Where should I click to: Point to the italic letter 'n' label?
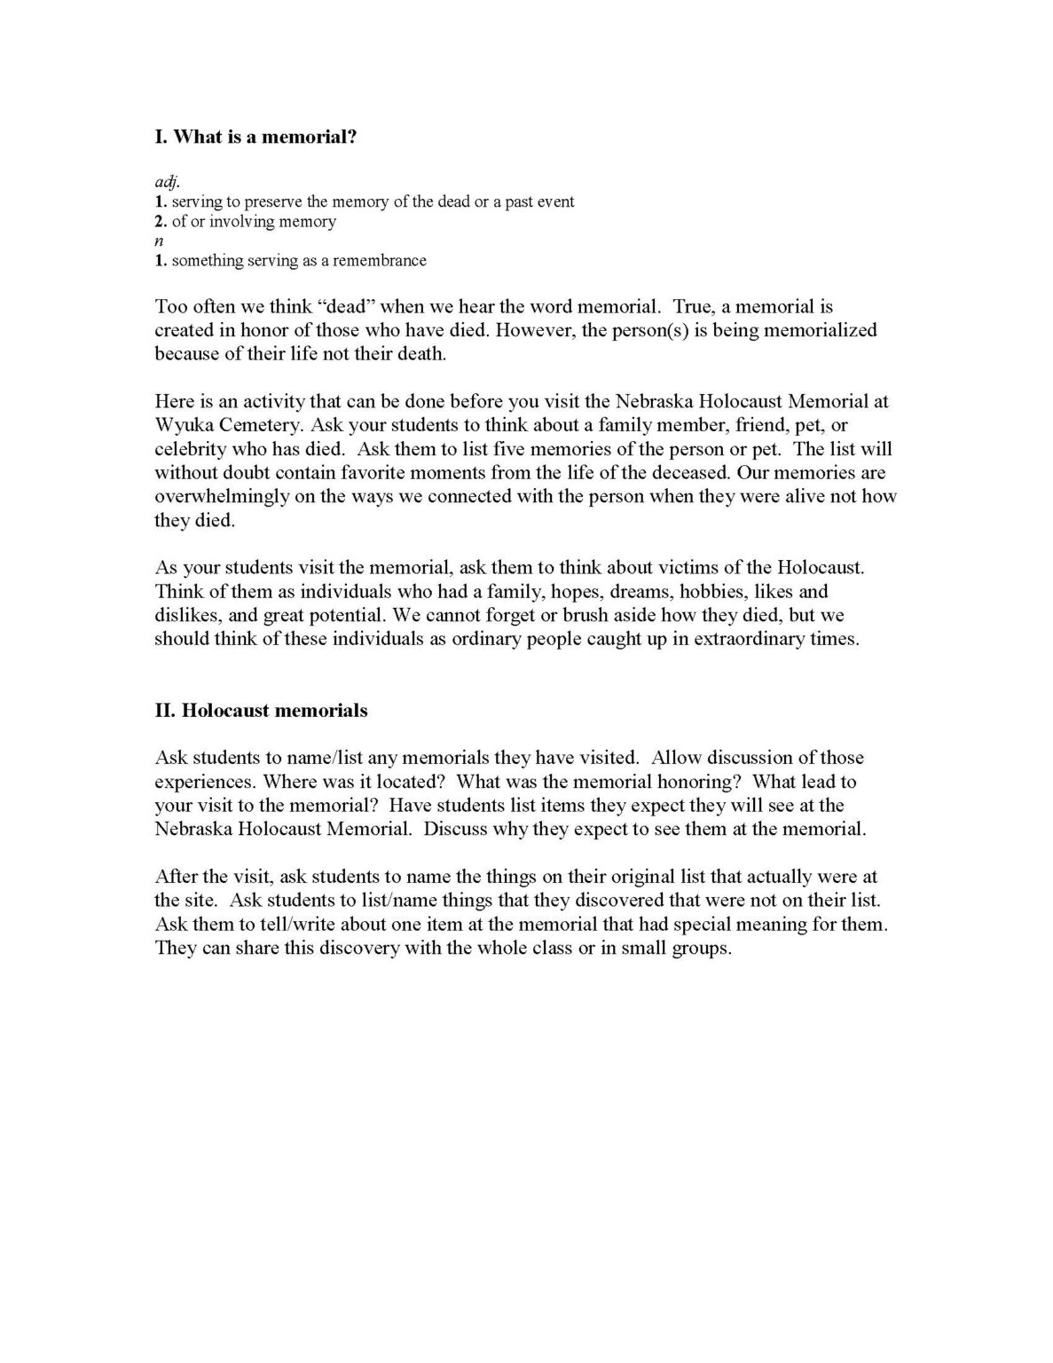[x=160, y=240]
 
